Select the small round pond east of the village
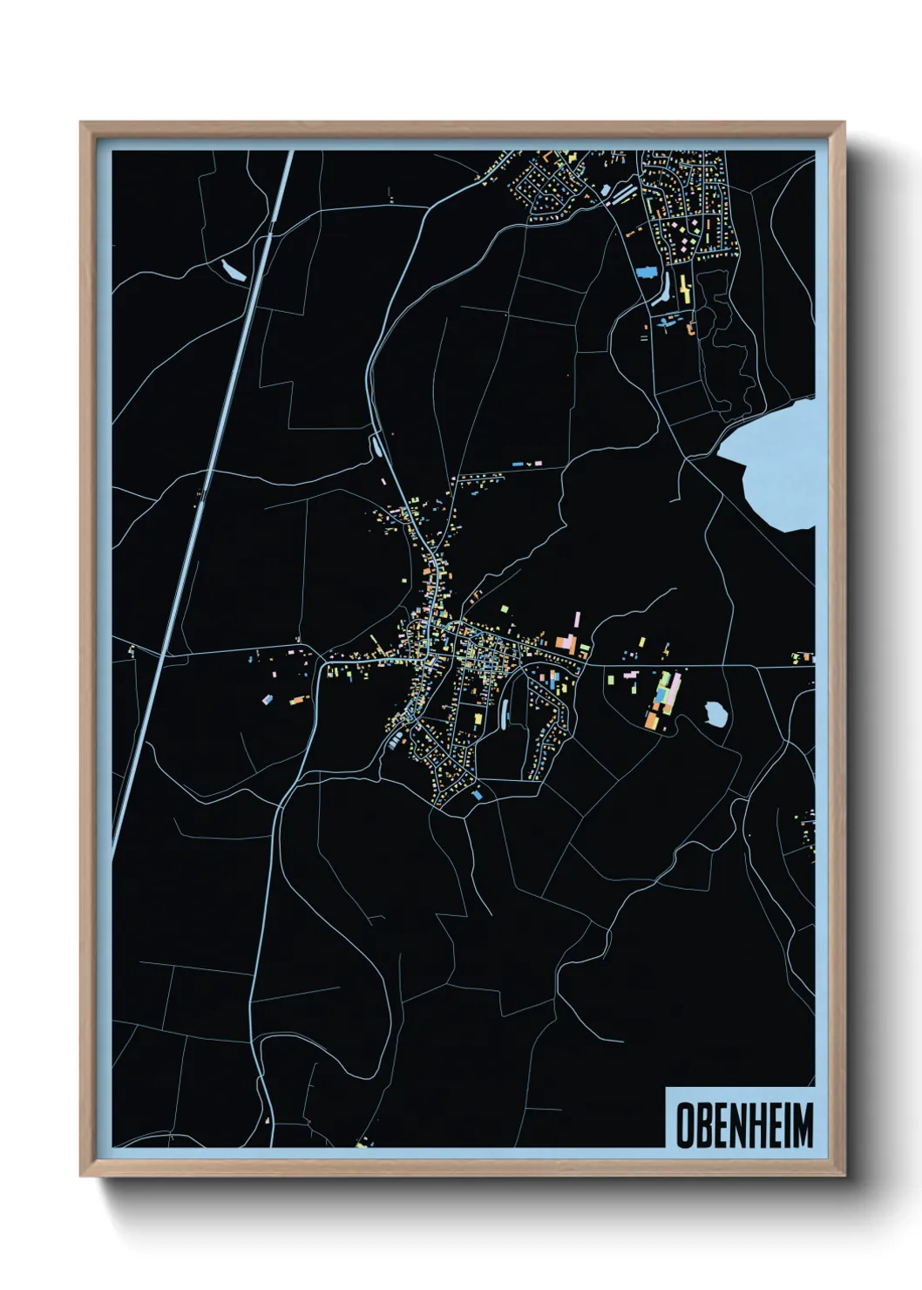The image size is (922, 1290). coord(715,714)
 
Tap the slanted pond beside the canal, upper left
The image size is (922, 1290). coord(234,270)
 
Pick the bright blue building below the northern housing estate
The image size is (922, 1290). coord(646,271)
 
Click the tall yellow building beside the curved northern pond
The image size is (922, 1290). coord(683,288)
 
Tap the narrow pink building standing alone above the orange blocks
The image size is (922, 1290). coord(576,622)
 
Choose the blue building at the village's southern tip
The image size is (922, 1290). coord(476,795)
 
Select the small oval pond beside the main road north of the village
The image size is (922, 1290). coord(377,446)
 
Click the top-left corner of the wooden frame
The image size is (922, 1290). coord(82,123)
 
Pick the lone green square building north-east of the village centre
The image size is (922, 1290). coord(505,608)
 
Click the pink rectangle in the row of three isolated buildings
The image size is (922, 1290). coord(537,464)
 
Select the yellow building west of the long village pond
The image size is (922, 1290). coord(478,718)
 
